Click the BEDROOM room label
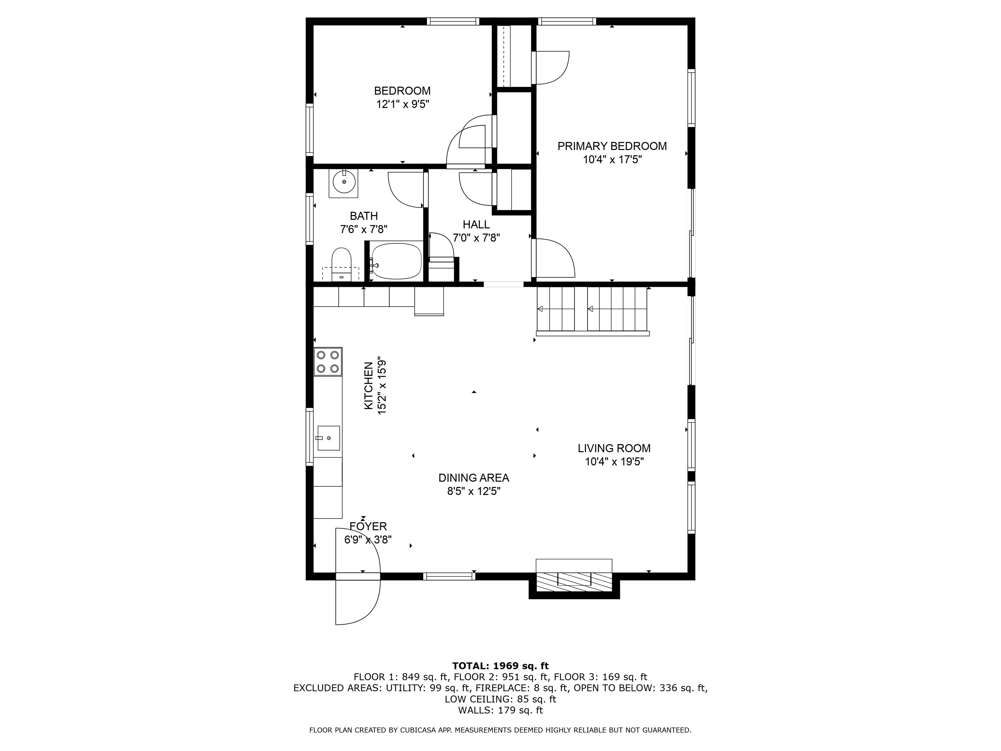tap(402, 91)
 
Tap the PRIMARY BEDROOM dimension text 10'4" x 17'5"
tap(612, 160)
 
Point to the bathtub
tap(397, 261)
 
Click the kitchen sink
tap(328, 438)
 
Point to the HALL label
tap(476, 225)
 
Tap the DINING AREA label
tap(473, 478)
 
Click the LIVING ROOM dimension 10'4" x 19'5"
tap(614, 462)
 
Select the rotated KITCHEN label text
tap(369, 386)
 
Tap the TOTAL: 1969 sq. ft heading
tap(500, 666)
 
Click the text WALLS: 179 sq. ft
tap(500, 710)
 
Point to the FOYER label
tap(368, 526)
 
